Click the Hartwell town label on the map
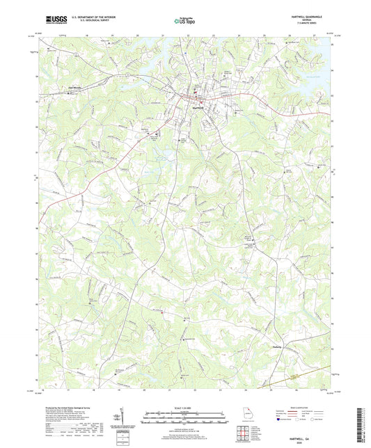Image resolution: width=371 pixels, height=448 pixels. tap(198, 107)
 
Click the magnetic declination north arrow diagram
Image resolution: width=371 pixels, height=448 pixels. tap(125, 416)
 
